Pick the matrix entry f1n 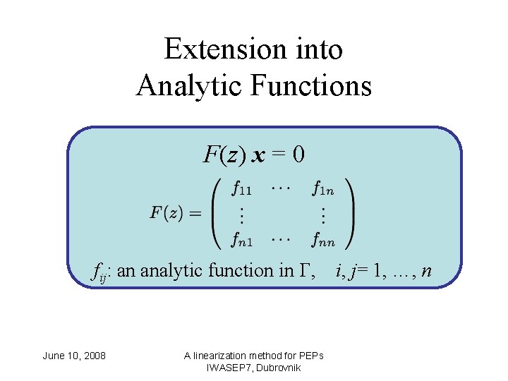coord(323,188)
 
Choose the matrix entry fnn coord(323,240)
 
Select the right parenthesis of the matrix coord(349,213)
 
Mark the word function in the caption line coord(244,270)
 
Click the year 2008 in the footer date coord(95,356)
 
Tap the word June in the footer coord(54,356)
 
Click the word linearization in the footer coord(229,356)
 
